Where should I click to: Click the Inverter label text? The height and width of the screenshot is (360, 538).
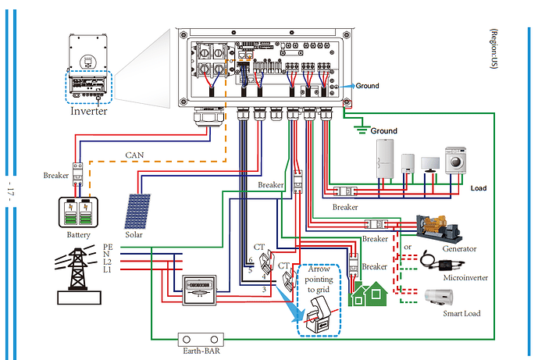coord(88,111)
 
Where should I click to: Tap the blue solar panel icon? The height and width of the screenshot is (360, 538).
coord(137,211)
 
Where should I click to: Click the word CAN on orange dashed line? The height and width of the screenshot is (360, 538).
coord(134,155)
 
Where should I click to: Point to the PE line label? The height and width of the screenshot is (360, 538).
coord(107,247)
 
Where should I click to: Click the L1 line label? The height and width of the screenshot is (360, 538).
coord(107,269)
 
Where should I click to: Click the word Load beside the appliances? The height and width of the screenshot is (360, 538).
coord(478,189)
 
